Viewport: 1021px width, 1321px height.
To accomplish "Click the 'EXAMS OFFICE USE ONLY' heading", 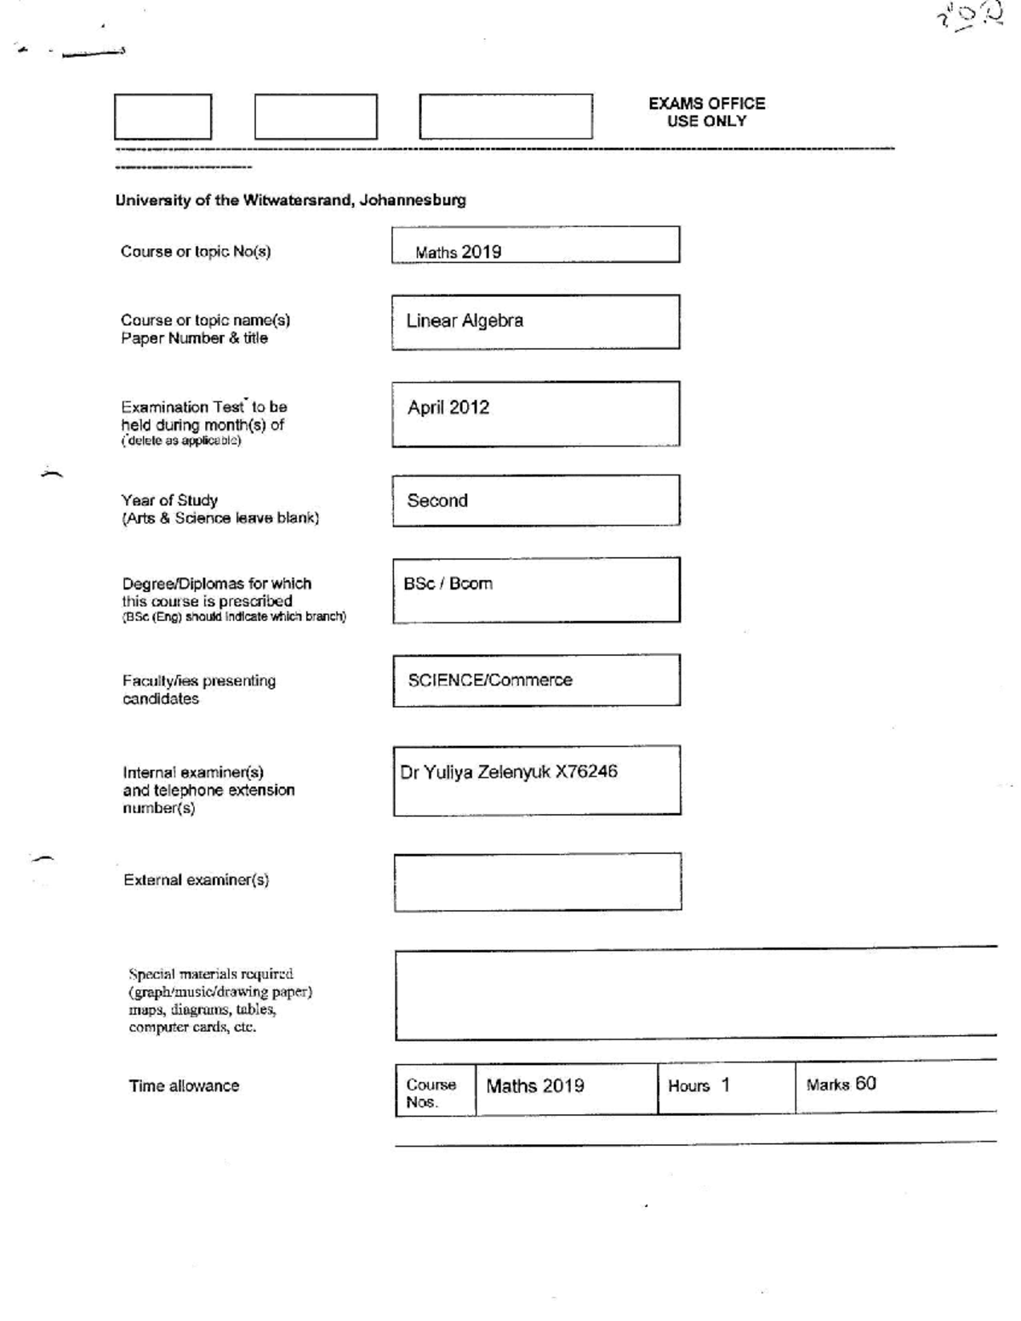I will click(x=706, y=112).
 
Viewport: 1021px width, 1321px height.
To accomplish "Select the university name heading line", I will click(x=290, y=201).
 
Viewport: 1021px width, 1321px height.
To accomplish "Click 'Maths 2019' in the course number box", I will click(x=458, y=252).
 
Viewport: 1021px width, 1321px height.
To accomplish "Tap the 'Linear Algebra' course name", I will click(x=465, y=321).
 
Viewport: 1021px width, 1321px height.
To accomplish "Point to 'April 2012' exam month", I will click(x=448, y=407).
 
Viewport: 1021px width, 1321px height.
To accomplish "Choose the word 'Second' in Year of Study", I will click(x=437, y=501).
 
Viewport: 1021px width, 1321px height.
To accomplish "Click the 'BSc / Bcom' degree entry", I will click(x=448, y=584).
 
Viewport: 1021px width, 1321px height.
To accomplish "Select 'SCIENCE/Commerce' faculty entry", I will click(x=490, y=680).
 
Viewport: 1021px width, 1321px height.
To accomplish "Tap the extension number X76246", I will click(x=586, y=772).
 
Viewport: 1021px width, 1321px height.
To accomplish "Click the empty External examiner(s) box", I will click(x=537, y=882).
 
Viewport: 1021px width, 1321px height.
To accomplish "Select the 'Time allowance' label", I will click(x=184, y=1086).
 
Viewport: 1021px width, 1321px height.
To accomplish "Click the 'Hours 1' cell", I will click(x=699, y=1085).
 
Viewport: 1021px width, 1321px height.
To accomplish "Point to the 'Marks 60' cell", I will click(x=841, y=1085).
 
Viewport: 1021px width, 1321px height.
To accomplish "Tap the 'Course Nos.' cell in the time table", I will click(x=431, y=1093).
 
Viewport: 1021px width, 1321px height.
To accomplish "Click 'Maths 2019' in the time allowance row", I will click(x=535, y=1086).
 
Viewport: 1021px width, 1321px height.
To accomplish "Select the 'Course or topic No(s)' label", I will click(x=196, y=252).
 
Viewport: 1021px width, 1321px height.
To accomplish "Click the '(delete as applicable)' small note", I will click(x=180, y=441).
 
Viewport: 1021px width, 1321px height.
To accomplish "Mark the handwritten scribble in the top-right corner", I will click(x=969, y=17).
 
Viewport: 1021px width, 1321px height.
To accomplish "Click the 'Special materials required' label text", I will click(x=211, y=975).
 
